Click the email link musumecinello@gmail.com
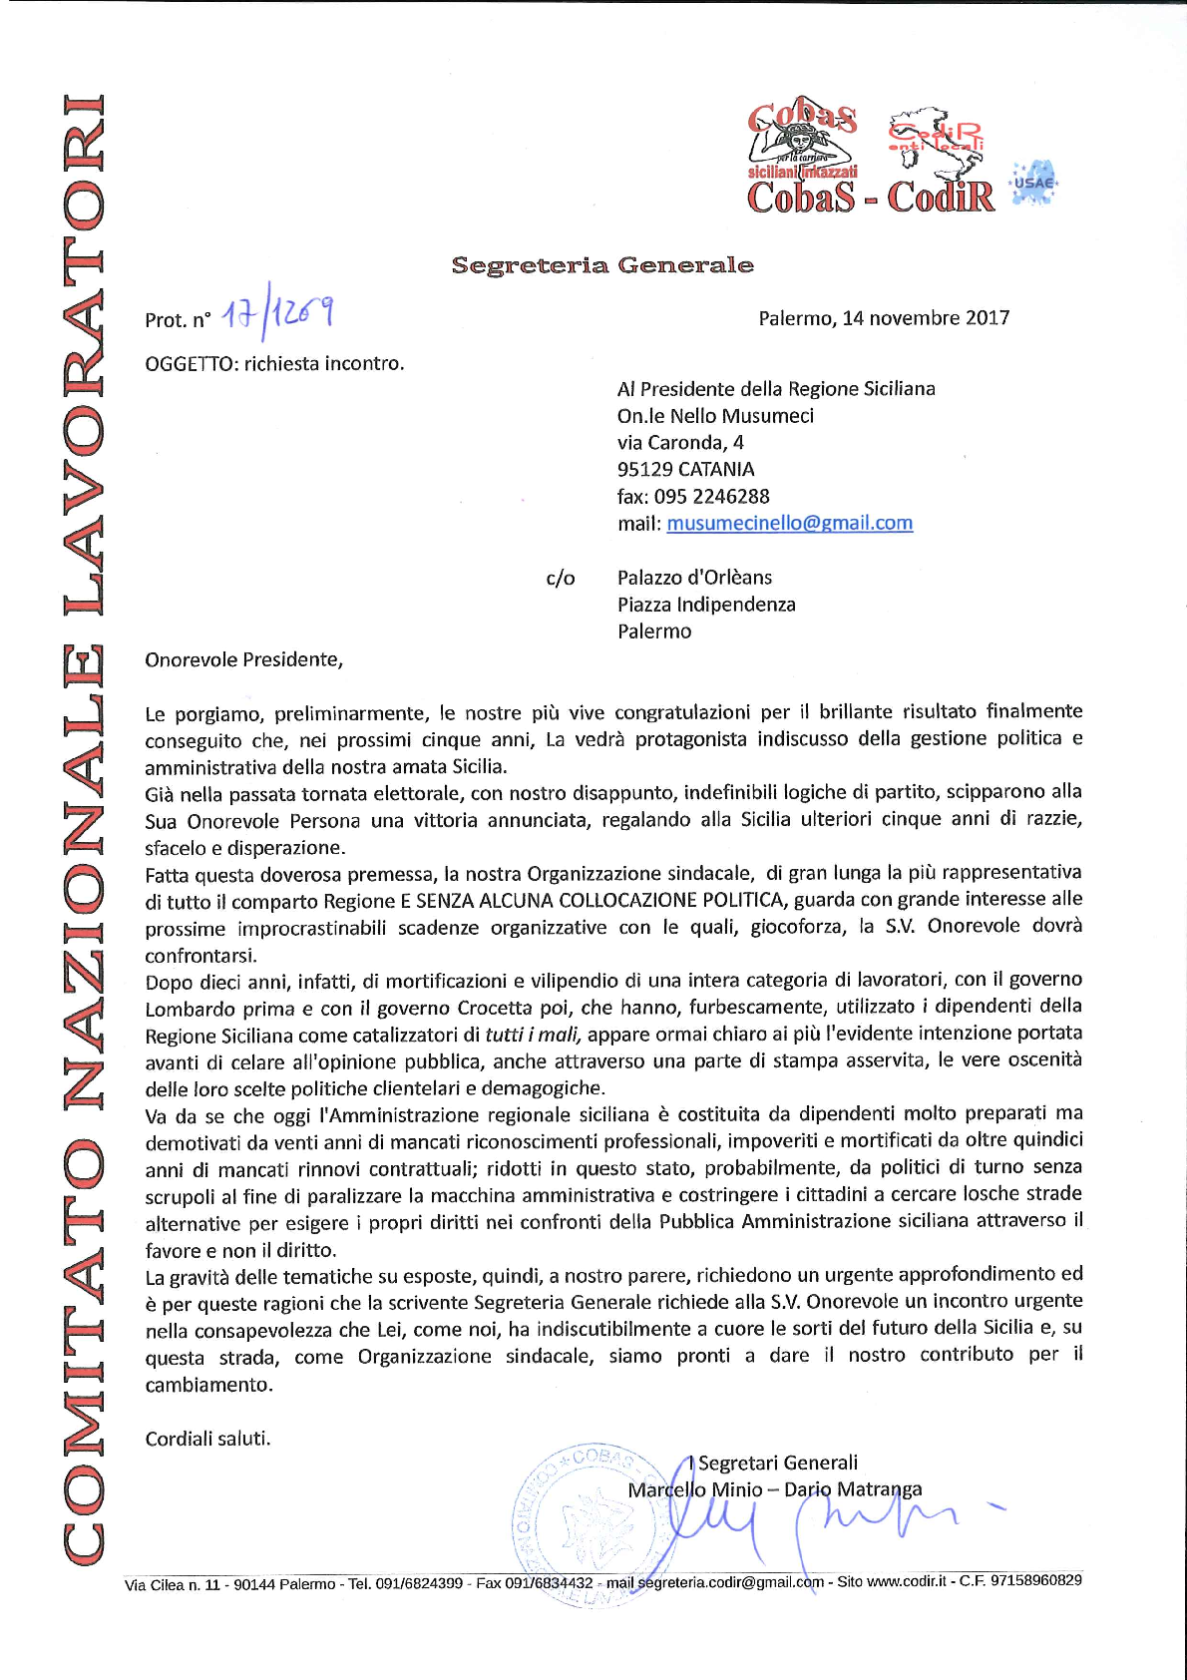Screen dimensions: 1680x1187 coord(789,523)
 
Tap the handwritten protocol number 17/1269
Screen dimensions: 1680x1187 coord(277,314)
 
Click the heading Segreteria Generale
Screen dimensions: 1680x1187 coord(602,265)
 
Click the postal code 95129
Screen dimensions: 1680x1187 coord(644,470)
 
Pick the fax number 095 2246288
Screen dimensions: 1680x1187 coord(711,497)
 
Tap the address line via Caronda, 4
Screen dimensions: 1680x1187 coord(680,443)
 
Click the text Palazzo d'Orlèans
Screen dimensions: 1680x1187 coord(694,578)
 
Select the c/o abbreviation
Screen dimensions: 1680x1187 coord(561,579)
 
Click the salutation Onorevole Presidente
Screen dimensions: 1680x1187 coord(242,659)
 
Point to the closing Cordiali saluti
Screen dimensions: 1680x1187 coord(207,1439)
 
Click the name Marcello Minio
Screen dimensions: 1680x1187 coord(694,1489)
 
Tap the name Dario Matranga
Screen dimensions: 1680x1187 coord(853,1489)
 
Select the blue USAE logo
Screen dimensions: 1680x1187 coord(1033,183)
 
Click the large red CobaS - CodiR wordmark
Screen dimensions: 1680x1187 coord(871,197)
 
